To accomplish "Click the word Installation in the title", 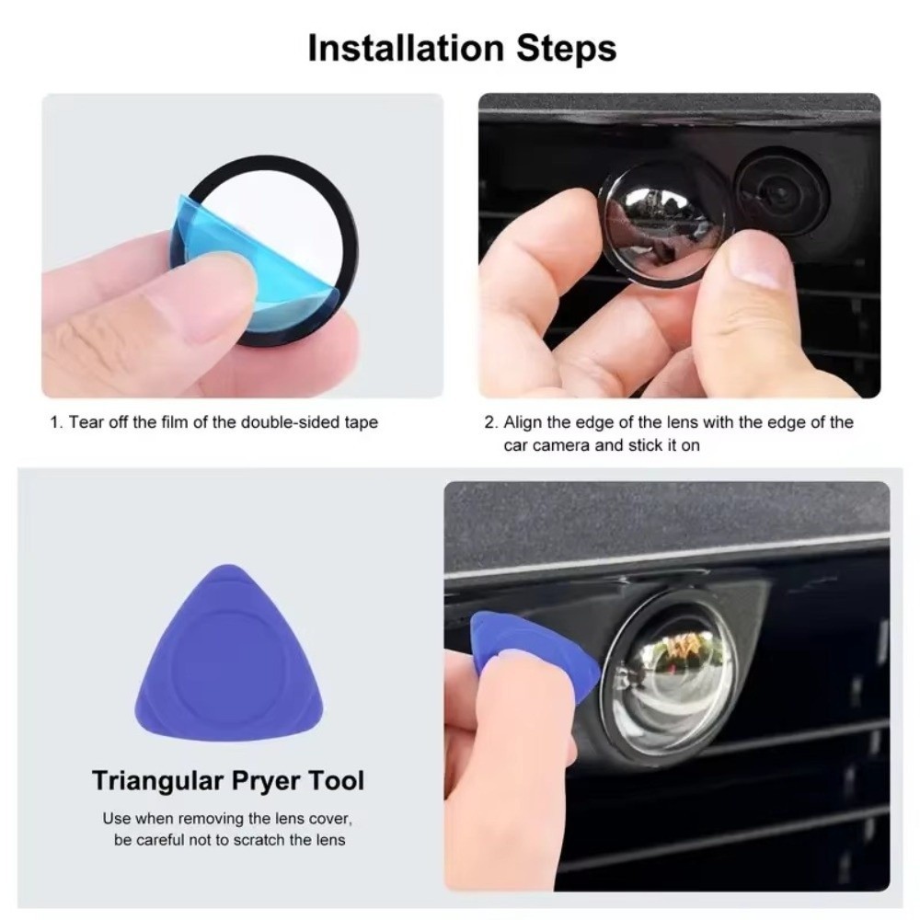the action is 406,48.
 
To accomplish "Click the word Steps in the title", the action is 567,48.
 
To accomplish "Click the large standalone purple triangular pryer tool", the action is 229,652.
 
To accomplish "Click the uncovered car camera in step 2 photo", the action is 782,191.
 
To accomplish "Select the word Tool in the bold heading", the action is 336,781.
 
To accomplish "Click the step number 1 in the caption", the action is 56,422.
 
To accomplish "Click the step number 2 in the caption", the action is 491,422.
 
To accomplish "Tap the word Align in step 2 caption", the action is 523,423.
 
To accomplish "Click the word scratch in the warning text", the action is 260,840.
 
